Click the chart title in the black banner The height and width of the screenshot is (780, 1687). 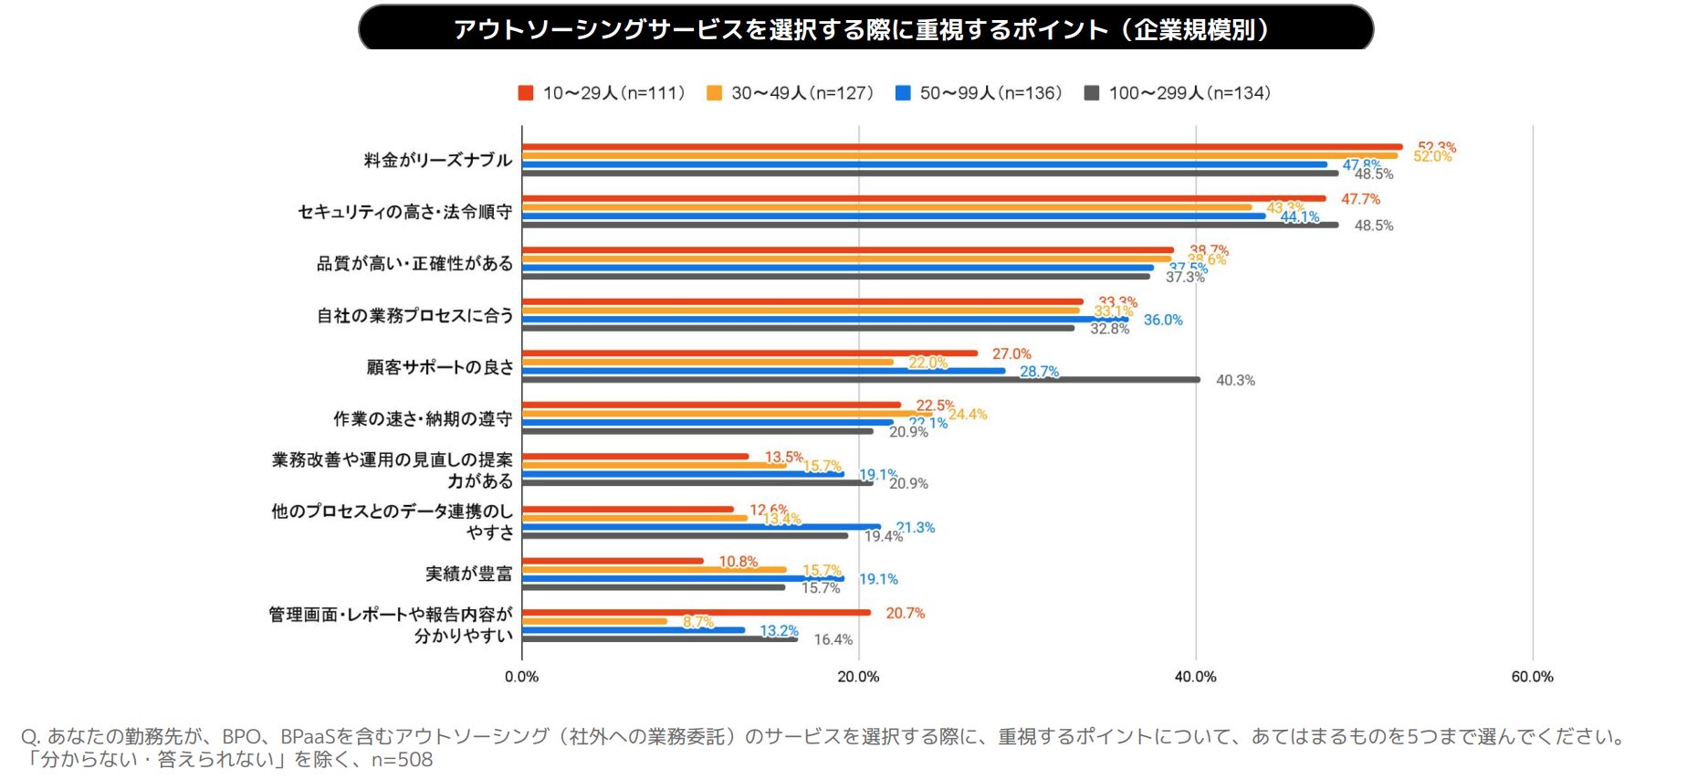point(863,29)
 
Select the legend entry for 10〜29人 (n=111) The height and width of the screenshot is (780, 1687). point(602,93)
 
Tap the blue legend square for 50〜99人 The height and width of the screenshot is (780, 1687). point(903,93)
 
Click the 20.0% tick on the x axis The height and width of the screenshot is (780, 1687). point(858,677)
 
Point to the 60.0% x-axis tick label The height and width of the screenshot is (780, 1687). point(1532,677)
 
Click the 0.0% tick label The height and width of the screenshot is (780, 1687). point(521,677)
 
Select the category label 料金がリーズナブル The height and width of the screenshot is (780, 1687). point(438,160)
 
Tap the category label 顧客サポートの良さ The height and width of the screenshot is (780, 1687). point(440,367)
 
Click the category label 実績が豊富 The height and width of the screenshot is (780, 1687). point(468,574)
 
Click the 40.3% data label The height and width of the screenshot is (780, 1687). point(1235,380)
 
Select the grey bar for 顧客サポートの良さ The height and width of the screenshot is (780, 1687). point(858,380)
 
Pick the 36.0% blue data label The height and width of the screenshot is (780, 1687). point(1163,320)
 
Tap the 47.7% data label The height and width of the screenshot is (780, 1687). point(1360,199)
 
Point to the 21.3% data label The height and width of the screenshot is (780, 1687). point(916,528)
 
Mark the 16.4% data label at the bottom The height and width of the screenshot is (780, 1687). point(833,639)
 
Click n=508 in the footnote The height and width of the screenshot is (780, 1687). point(402,760)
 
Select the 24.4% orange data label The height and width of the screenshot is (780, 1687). point(968,415)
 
